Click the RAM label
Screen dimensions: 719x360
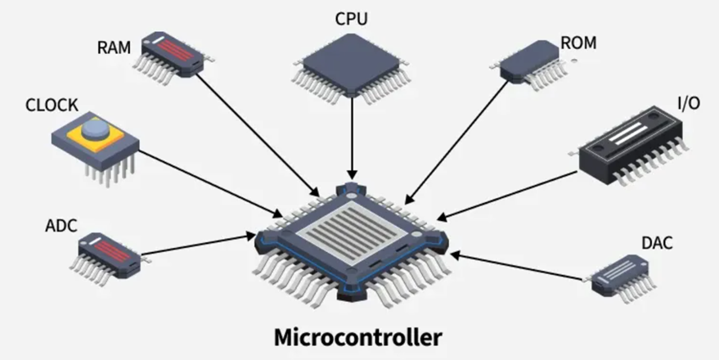114,47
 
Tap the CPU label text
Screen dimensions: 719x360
351,20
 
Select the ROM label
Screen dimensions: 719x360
578,43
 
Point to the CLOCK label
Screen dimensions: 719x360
52,106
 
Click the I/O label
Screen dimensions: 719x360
689,104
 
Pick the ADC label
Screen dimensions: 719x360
61,226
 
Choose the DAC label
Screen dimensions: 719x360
657,243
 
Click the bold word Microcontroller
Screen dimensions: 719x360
358,338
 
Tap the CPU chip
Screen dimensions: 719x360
351,66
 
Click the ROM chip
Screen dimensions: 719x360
532,64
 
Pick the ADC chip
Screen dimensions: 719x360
110,256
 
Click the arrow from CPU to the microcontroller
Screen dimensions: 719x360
352,137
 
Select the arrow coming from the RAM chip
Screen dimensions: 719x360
257,135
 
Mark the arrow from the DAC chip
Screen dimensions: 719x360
518,266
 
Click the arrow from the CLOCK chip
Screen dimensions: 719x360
211,184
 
